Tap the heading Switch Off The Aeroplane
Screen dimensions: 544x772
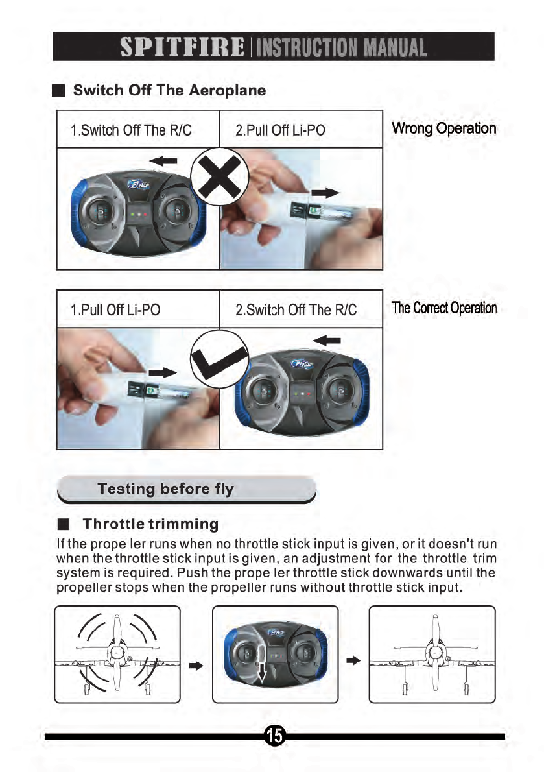(169, 90)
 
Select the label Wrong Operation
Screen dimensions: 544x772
(444, 128)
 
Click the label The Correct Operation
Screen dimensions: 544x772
(445, 308)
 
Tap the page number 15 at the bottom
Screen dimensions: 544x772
(274, 735)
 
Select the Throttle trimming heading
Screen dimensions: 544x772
(150, 523)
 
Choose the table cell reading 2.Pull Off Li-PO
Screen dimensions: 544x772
(280, 130)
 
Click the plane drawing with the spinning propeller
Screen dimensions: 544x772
(117, 654)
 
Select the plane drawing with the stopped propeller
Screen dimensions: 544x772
(431, 654)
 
